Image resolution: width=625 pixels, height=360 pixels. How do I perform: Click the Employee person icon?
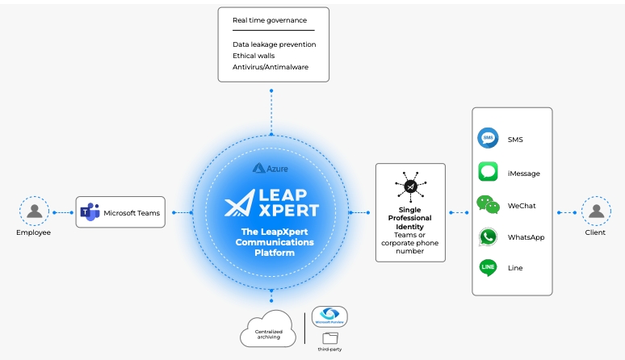pyautogui.click(x=34, y=211)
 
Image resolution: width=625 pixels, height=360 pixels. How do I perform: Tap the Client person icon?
pyautogui.click(x=596, y=211)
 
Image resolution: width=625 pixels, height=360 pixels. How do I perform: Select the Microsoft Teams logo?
pyautogui.click(x=89, y=213)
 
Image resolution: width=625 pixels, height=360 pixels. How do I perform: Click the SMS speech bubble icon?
pyautogui.click(x=488, y=139)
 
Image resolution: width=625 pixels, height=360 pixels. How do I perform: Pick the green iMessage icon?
pyautogui.click(x=488, y=173)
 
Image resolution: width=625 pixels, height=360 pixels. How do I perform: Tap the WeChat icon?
pyautogui.click(x=488, y=205)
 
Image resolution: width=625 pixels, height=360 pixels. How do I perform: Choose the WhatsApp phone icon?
pyautogui.click(x=488, y=237)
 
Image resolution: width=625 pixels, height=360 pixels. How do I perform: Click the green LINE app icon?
pyautogui.click(x=488, y=267)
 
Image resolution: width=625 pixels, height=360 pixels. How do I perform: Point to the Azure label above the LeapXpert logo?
pyautogui.click(x=271, y=169)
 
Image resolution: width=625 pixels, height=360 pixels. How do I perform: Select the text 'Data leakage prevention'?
pyautogui.click(x=274, y=44)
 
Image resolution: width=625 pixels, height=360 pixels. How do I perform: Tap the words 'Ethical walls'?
pyautogui.click(x=254, y=56)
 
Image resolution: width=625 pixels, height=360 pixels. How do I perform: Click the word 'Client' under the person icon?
pyautogui.click(x=596, y=232)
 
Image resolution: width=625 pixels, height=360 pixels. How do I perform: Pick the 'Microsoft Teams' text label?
pyautogui.click(x=132, y=213)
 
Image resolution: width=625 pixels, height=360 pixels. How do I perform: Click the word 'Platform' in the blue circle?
pyautogui.click(x=271, y=253)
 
